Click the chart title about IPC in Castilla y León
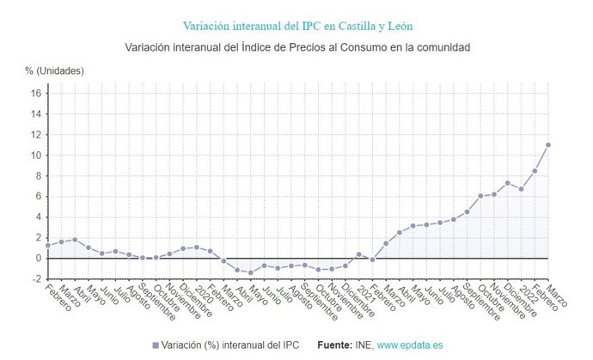[x=296, y=26]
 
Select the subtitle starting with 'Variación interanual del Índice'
[x=296, y=46]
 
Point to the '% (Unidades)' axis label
[x=54, y=70]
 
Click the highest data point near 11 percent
[x=548, y=144]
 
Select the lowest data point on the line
[x=251, y=272]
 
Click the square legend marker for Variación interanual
[x=156, y=345]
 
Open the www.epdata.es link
[x=410, y=345]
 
